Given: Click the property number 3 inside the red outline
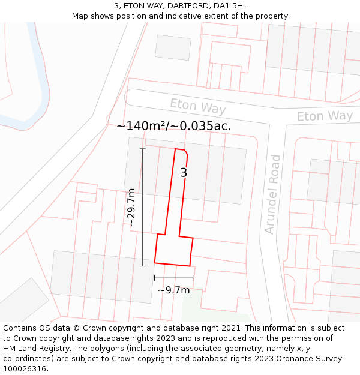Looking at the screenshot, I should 184,173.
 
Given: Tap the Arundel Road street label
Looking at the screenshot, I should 272,194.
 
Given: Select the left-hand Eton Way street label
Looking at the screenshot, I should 197,106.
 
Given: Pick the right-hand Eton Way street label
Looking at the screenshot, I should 325,116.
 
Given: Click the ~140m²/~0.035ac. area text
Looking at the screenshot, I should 173,126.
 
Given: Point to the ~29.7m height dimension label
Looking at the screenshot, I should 131,207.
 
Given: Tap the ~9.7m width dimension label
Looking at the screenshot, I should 173,290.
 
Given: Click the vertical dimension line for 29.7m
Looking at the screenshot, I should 143,207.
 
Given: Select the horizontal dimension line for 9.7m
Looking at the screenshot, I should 173,278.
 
